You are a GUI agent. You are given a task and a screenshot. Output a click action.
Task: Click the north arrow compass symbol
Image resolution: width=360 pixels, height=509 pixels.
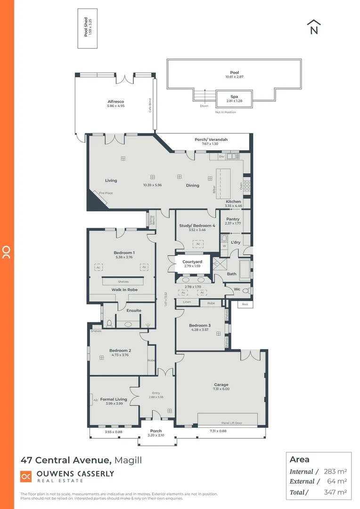tap(314, 27)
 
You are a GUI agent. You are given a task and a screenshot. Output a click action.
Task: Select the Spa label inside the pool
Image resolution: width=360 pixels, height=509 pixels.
tap(234, 97)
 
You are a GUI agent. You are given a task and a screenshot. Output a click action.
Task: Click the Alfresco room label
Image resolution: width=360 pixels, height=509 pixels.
tap(115, 101)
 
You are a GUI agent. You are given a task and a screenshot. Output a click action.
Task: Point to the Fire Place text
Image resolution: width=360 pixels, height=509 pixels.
tap(106, 193)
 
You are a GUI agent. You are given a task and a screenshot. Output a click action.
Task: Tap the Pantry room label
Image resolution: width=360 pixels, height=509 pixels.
tap(233, 219)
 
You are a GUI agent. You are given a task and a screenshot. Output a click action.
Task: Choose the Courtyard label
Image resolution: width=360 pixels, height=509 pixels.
tap(192, 262)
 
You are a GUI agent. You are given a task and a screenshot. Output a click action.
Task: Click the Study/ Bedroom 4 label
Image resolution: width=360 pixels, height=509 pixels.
tap(197, 226)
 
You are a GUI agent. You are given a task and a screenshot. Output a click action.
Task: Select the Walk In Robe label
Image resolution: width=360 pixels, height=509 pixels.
tap(124, 290)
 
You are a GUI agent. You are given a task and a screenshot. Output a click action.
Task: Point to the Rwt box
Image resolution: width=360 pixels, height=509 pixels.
tap(245, 304)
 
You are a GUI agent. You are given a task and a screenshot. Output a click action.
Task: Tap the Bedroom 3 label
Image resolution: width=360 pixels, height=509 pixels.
tap(200, 325)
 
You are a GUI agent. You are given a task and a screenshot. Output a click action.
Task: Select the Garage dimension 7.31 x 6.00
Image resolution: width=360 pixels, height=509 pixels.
tap(221, 389)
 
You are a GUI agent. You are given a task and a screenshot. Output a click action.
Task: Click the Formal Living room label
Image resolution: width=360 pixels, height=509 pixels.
tap(114, 399)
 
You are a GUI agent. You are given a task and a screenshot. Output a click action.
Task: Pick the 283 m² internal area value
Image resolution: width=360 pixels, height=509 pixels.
tap(335, 471)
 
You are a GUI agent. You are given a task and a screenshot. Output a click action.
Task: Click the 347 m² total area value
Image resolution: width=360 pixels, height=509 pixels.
tap(335, 492)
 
